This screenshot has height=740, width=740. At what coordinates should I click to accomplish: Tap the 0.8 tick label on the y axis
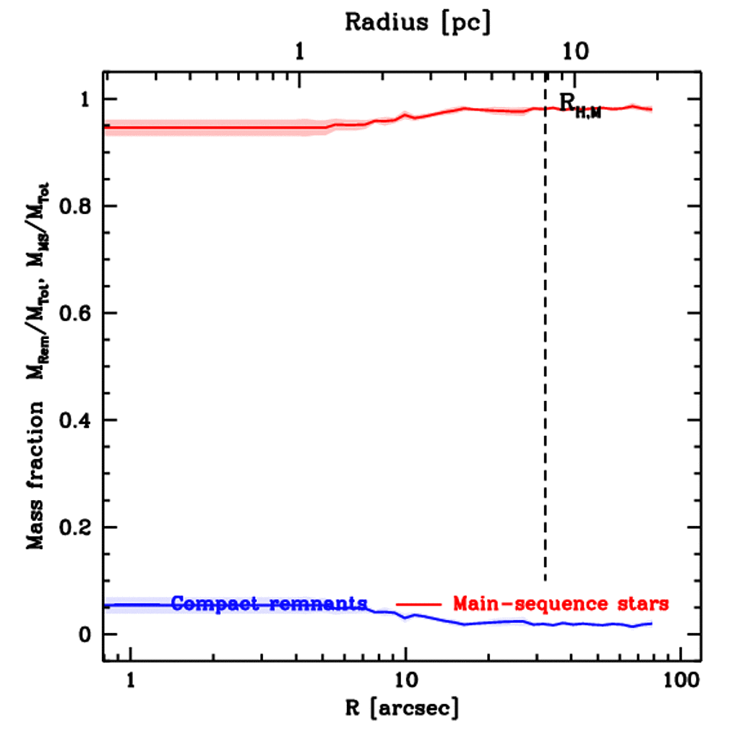tap(73, 207)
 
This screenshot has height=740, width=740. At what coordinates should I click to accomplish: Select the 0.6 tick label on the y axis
tap(73, 314)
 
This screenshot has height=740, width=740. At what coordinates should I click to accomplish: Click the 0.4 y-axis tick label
tap(73, 421)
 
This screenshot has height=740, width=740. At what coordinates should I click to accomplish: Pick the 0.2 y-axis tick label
tap(73, 528)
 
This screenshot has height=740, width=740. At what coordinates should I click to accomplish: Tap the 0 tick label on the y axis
tap(85, 634)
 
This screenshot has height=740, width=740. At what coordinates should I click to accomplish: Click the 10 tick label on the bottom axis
tap(405, 681)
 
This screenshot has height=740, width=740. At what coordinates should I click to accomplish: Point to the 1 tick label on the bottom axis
tap(131, 681)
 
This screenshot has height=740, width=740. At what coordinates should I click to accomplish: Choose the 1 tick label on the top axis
tap(301, 52)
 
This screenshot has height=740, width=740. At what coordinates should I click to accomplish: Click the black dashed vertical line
tap(545, 361)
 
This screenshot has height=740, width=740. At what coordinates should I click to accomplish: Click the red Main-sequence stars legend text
tap(561, 603)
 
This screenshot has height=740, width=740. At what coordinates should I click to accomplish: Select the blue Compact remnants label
tap(270, 603)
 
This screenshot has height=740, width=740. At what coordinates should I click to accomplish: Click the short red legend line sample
tap(418, 603)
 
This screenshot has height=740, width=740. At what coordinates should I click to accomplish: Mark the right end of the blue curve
tap(652, 624)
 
